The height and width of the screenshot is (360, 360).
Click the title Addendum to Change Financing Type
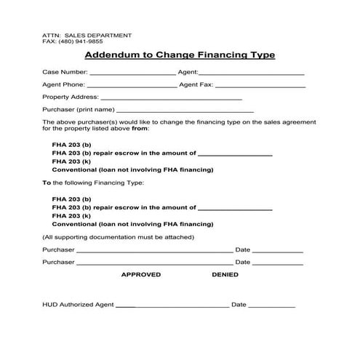pos(180,55)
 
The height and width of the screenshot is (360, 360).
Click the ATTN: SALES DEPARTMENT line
pos(87,35)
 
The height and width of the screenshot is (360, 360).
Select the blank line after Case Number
pos(132,73)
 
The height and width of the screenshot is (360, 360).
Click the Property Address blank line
pos(171,97)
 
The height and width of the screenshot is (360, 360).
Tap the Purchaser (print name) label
pos(73,109)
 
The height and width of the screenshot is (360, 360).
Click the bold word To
pos(47,183)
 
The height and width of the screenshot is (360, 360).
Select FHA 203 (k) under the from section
pos(71,161)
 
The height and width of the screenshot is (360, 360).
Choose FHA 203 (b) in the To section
pos(72,199)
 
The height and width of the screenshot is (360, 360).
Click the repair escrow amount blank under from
pos(235,153)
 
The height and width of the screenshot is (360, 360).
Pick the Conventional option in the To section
pos(132,225)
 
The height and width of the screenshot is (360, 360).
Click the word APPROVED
pos(140,274)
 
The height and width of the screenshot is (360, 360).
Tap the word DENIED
pos(225,274)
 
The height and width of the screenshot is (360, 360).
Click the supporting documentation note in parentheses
pos(118,237)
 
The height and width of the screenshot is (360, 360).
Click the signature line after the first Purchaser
pos(154,250)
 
